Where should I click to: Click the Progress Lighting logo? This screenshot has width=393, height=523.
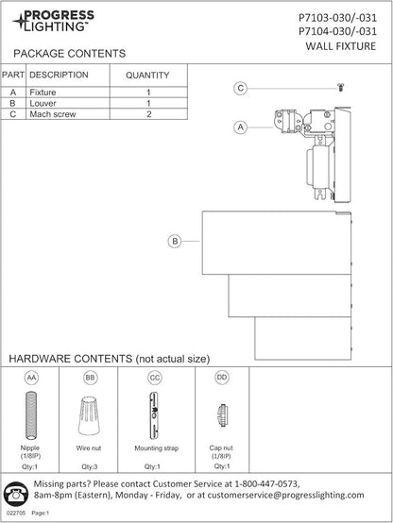54,21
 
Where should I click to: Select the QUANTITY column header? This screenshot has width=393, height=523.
147,76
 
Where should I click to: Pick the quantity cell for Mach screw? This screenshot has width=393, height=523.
148,114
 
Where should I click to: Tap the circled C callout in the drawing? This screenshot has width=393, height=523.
240,89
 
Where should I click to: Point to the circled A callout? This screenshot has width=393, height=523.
240,127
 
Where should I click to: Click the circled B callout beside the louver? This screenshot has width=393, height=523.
175,241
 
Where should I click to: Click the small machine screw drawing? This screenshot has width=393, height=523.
341,88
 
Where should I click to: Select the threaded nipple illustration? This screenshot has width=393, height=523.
31,415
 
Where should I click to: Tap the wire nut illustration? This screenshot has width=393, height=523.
89,415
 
